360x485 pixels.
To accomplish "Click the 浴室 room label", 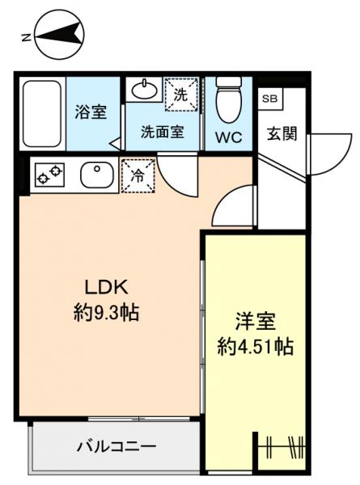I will [x=91, y=112].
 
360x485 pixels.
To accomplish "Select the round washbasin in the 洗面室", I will [x=143, y=89].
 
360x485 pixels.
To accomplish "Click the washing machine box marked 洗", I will [x=180, y=93].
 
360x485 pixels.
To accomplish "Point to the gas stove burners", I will [x=49, y=173].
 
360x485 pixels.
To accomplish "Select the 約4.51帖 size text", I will [x=255, y=348].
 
